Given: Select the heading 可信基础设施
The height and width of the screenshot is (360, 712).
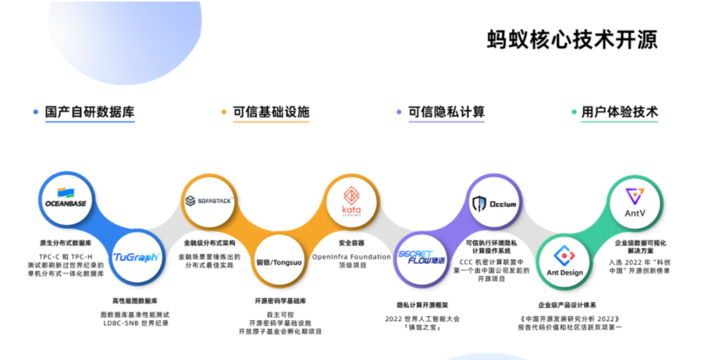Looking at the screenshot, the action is click(x=271, y=112).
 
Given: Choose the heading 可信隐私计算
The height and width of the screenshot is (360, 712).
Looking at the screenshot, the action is click(x=446, y=112).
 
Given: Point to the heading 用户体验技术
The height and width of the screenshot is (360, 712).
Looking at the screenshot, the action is click(x=620, y=112).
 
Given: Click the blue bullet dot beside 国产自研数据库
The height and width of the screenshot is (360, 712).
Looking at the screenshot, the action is click(x=36, y=113).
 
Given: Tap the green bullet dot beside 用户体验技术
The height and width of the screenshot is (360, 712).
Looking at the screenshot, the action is click(x=573, y=113).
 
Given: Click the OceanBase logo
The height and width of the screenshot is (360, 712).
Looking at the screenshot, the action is click(x=65, y=198).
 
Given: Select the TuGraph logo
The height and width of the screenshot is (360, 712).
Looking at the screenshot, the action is click(x=136, y=257).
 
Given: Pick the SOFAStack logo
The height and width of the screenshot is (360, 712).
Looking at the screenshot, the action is click(x=208, y=200).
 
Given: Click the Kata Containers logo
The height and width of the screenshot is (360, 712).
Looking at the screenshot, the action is click(x=351, y=200).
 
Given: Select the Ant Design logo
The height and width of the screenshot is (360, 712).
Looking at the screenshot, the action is click(x=565, y=263).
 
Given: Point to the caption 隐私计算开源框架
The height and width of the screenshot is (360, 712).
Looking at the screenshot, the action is click(x=423, y=305).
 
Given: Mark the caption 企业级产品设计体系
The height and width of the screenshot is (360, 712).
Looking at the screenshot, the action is click(x=567, y=305).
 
